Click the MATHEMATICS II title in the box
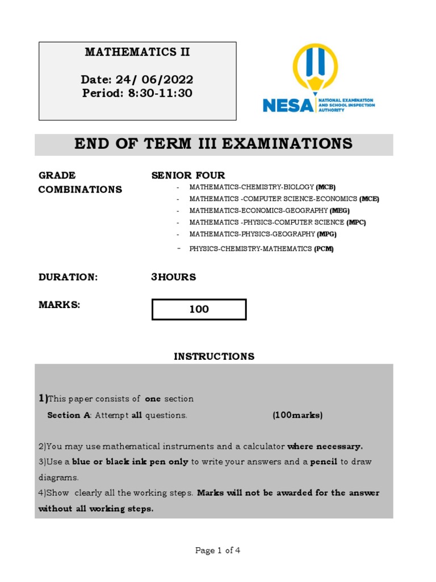point(137,52)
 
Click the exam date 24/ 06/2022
point(137,80)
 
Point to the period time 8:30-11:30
point(137,93)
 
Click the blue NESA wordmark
point(287,105)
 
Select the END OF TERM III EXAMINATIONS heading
point(213,144)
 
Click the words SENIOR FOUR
point(188,175)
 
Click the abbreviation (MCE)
point(369,199)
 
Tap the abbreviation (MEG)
point(339,211)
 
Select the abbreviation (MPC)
point(356,222)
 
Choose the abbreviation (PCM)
point(324,248)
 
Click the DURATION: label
point(68,277)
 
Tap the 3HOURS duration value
point(173,277)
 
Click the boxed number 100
point(199,309)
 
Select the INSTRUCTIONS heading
point(214,356)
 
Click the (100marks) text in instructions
point(297,415)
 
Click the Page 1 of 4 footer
point(218,550)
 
